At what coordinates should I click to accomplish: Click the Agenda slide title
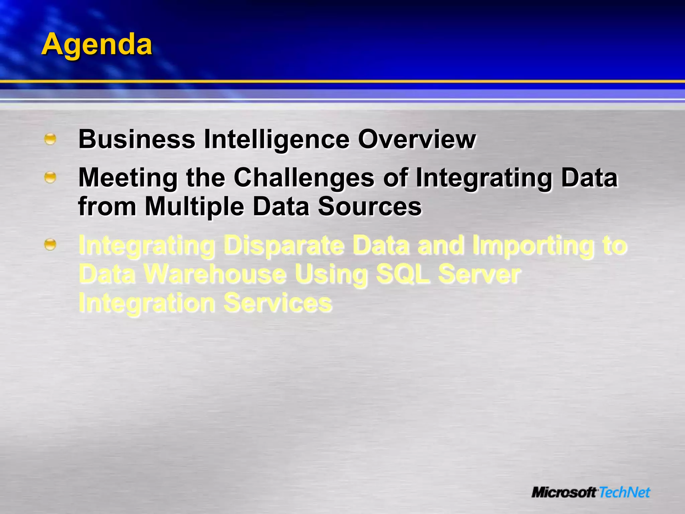[97, 45]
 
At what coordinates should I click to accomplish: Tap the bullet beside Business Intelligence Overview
[50, 139]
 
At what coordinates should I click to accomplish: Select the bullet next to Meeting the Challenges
[50, 177]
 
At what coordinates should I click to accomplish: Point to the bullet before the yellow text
[50, 245]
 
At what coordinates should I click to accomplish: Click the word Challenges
[304, 177]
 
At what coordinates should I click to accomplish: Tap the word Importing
[531, 245]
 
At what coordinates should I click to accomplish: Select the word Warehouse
[215, 274]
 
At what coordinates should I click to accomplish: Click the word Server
[479, 274]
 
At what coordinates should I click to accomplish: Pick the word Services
[278, 303]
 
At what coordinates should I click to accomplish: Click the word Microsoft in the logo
[564, 492]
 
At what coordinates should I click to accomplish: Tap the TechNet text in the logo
[624, 492]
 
